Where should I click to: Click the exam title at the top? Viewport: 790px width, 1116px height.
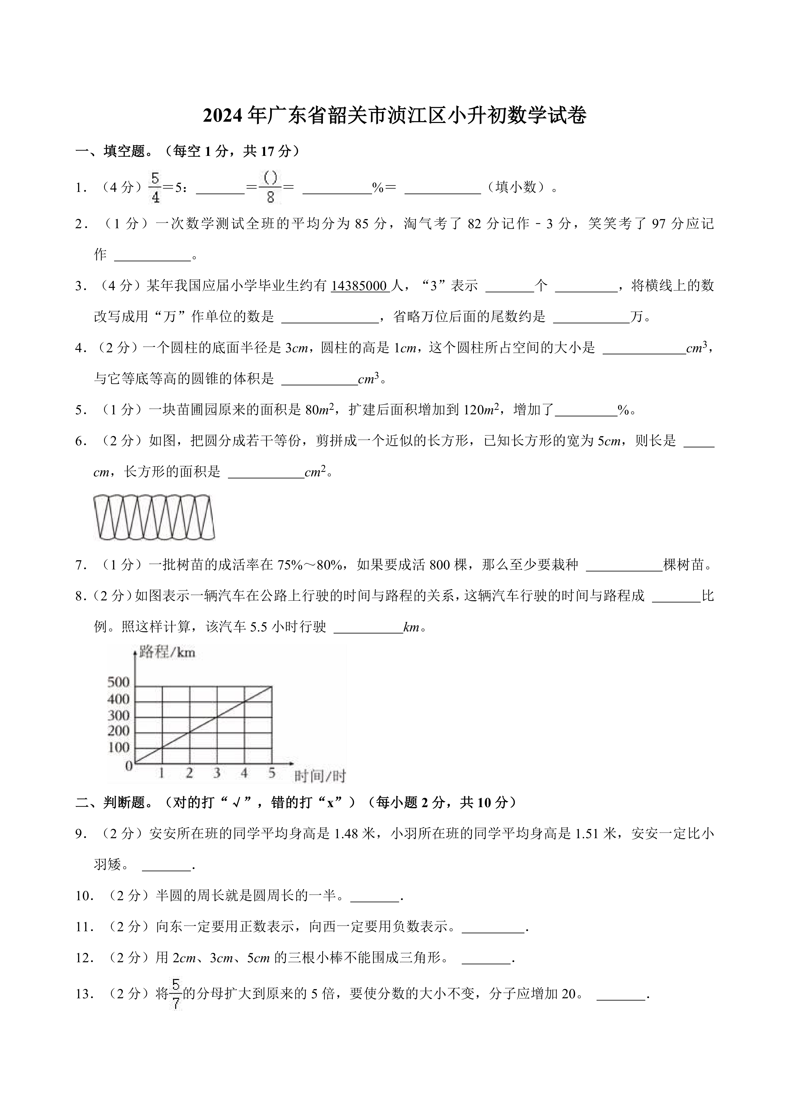(395, 116)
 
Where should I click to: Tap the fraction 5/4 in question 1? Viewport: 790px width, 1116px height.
(155, 187)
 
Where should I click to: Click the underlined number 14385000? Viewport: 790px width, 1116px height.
(360, 286)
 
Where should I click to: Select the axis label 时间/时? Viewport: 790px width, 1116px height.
(320, 776)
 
